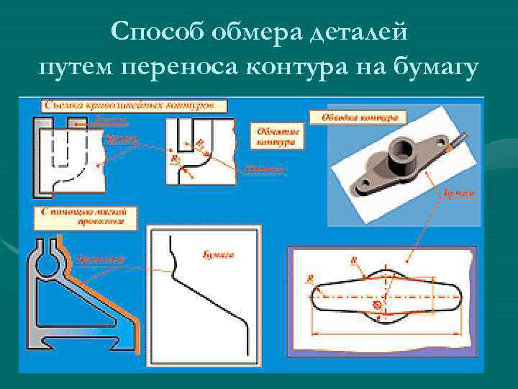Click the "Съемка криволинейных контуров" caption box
pos(134,105)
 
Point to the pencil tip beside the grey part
pos(449,146)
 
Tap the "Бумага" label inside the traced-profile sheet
pos(212,254)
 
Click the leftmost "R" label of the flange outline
pos(309,277)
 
